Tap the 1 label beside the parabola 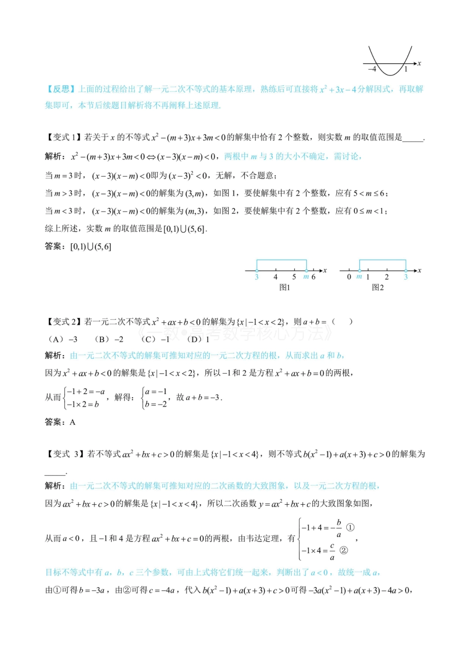(406, 69)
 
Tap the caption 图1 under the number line (284, 287)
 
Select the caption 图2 (377, 287)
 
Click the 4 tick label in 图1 (276, 277)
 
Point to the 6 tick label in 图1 (313, 277)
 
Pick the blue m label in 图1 (306, 277)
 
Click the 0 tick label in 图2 (349, 277)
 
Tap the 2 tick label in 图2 (387, 277)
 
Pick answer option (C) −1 (155, 339)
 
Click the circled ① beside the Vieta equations (350, 527)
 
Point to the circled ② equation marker (344, 550)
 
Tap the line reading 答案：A (60, 422)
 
